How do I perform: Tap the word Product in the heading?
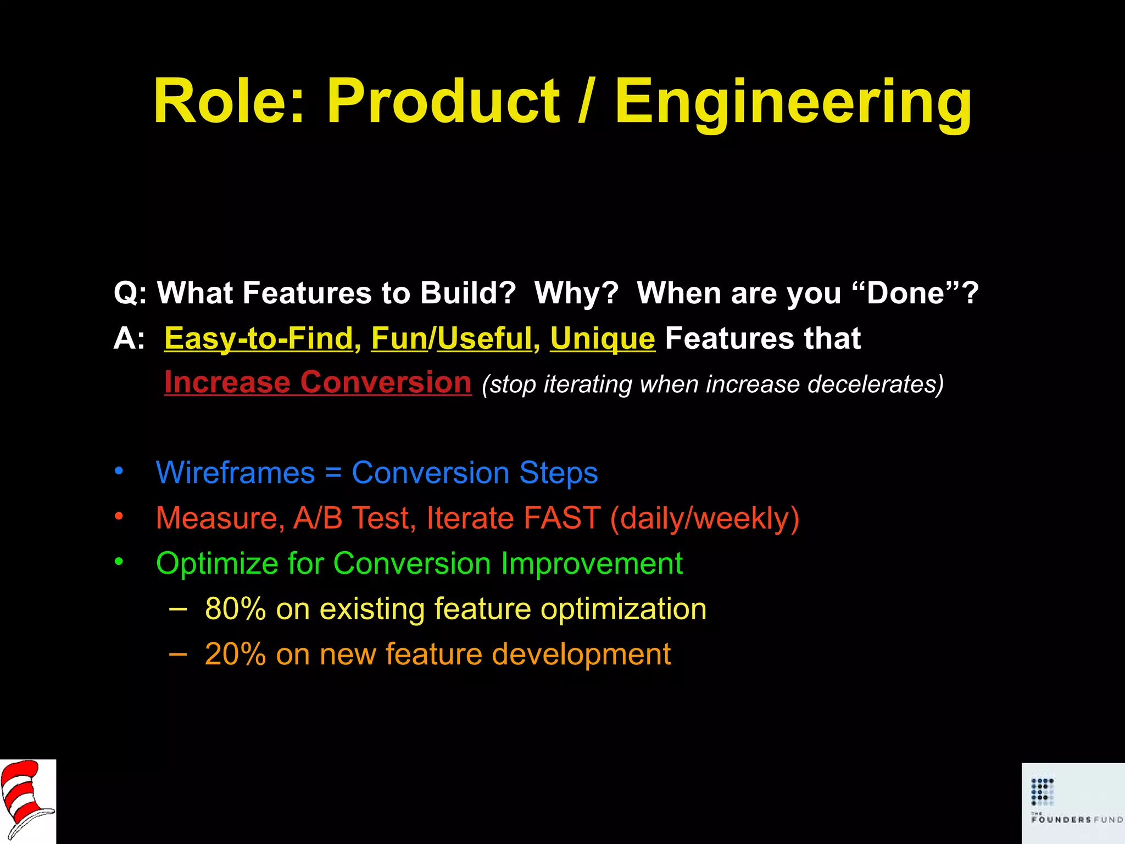pos(443,102)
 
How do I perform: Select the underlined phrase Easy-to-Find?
pos(258,338)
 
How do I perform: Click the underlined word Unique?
pos(603,339)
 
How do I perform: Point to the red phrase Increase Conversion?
pos(318,382)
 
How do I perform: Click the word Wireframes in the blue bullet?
pos(235,473)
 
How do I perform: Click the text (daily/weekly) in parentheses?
pos(705,518)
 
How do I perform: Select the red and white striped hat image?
pos(27,801)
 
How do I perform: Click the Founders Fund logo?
pos(1073,802)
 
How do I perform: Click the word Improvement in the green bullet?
pos(592,564)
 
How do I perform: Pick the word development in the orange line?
pos(581,654)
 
